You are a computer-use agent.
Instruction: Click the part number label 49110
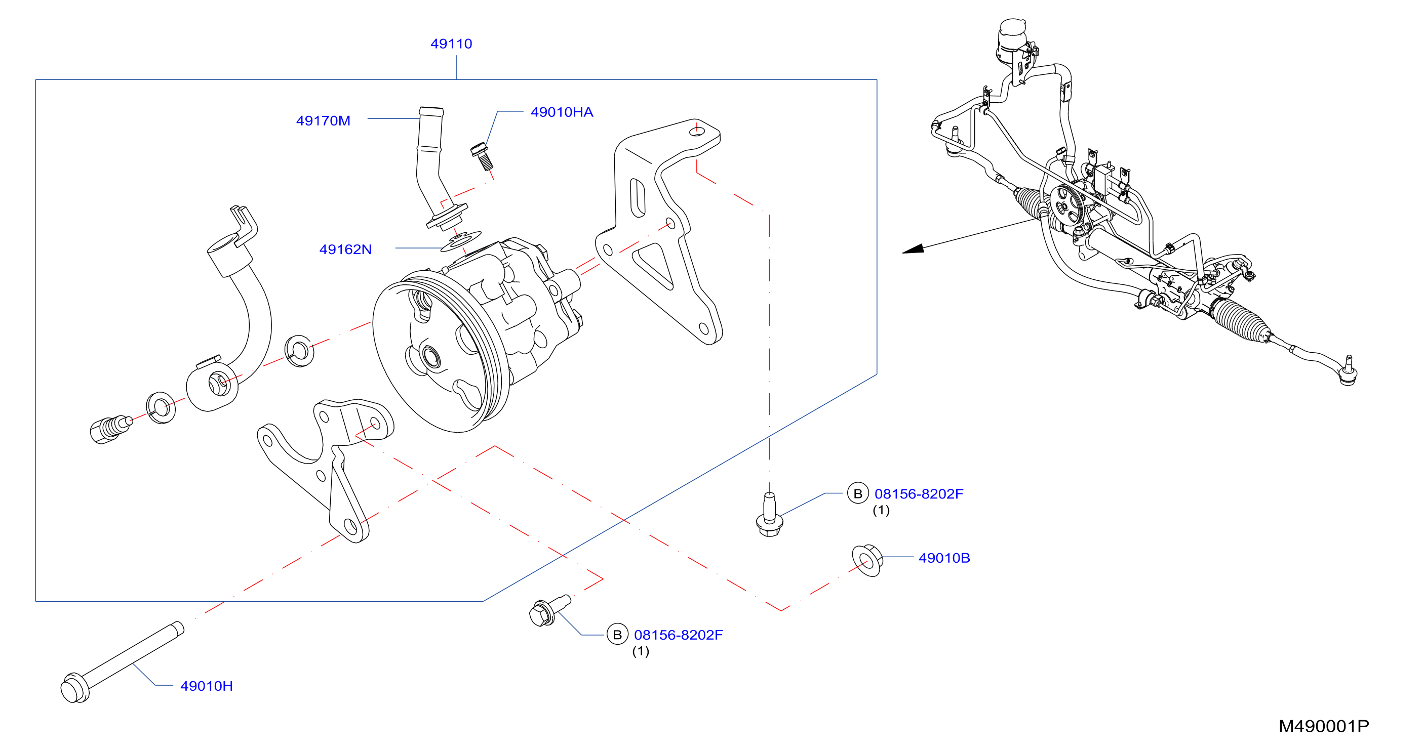451,44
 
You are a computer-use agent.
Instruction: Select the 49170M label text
324,120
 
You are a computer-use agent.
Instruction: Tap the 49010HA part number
562,112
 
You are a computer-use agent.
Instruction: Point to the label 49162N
345,249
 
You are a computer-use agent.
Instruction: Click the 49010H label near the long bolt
206,686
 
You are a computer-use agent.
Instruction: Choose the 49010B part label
944,558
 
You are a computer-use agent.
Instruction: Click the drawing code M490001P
1323,726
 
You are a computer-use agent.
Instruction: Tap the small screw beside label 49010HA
482,156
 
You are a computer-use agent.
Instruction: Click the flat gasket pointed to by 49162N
460,241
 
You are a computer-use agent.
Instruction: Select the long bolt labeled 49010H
122,662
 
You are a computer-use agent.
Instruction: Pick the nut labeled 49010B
867,560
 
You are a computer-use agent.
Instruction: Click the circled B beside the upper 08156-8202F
857,493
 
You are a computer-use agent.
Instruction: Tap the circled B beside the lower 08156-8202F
617,635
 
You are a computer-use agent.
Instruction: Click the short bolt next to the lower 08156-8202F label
549,611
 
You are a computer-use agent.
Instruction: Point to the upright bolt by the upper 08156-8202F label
769,516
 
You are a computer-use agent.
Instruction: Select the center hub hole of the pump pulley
430,357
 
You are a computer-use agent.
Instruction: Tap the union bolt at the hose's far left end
110,429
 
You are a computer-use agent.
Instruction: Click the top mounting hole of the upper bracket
698,131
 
